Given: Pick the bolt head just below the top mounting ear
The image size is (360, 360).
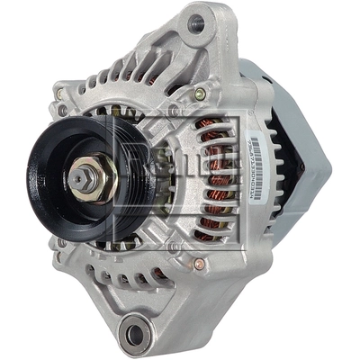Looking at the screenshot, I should [200, 94].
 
